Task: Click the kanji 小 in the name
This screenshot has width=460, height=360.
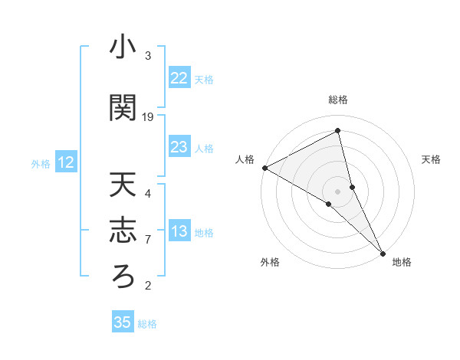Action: pos(123,47)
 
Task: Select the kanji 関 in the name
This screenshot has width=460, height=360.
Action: pos(123,108)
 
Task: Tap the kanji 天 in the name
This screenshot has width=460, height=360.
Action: pos(123,185)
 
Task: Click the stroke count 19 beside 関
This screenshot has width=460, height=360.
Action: pos(148,117)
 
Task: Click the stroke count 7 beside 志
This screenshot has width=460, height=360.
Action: pos(148,240)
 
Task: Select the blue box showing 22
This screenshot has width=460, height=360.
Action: pos(179,78)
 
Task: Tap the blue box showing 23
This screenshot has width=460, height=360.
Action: pos(179,147)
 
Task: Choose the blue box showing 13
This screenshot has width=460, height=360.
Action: pos(179,231)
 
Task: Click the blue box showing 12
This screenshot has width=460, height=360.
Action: pos(65,162)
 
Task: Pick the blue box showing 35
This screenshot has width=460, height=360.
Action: pos(122,322)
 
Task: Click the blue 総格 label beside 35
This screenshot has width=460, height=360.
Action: pos(147,324)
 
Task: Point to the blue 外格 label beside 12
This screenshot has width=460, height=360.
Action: pos(41,163)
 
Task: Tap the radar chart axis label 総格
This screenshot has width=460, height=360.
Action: pos(338,100)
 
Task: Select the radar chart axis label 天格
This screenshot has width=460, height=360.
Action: pos(431,159)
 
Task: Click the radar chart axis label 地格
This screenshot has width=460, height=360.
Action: pos(402,263)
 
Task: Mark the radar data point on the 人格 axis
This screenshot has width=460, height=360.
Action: pos(264,168)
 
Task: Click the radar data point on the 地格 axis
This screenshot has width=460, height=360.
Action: pos(383,253)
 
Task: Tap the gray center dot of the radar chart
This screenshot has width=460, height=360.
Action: pos(337,191)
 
